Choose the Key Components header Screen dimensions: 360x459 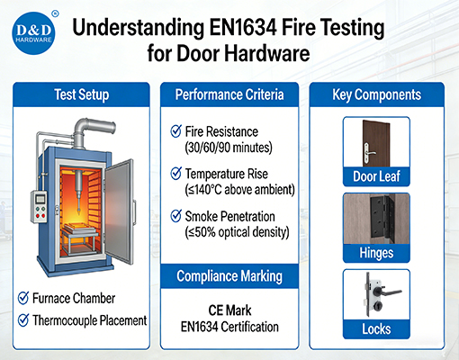point(377,93)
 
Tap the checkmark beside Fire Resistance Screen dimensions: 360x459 point(176,131)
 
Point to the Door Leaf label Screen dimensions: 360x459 point(377,175)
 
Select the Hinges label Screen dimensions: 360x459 point(377,254)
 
